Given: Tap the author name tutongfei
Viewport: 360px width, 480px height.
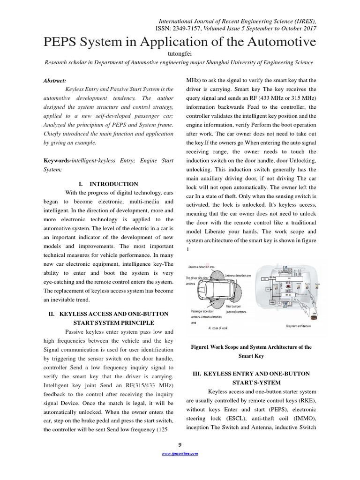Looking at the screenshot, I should point(180,54).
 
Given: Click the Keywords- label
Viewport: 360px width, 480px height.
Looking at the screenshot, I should point(58,161).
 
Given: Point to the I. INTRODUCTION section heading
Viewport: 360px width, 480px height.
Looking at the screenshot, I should point(108,184).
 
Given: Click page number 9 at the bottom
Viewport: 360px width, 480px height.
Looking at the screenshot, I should point(180,444).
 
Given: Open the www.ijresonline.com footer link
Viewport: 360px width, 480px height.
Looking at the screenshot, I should point(180,454).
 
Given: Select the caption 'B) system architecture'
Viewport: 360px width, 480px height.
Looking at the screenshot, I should point(300,325).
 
